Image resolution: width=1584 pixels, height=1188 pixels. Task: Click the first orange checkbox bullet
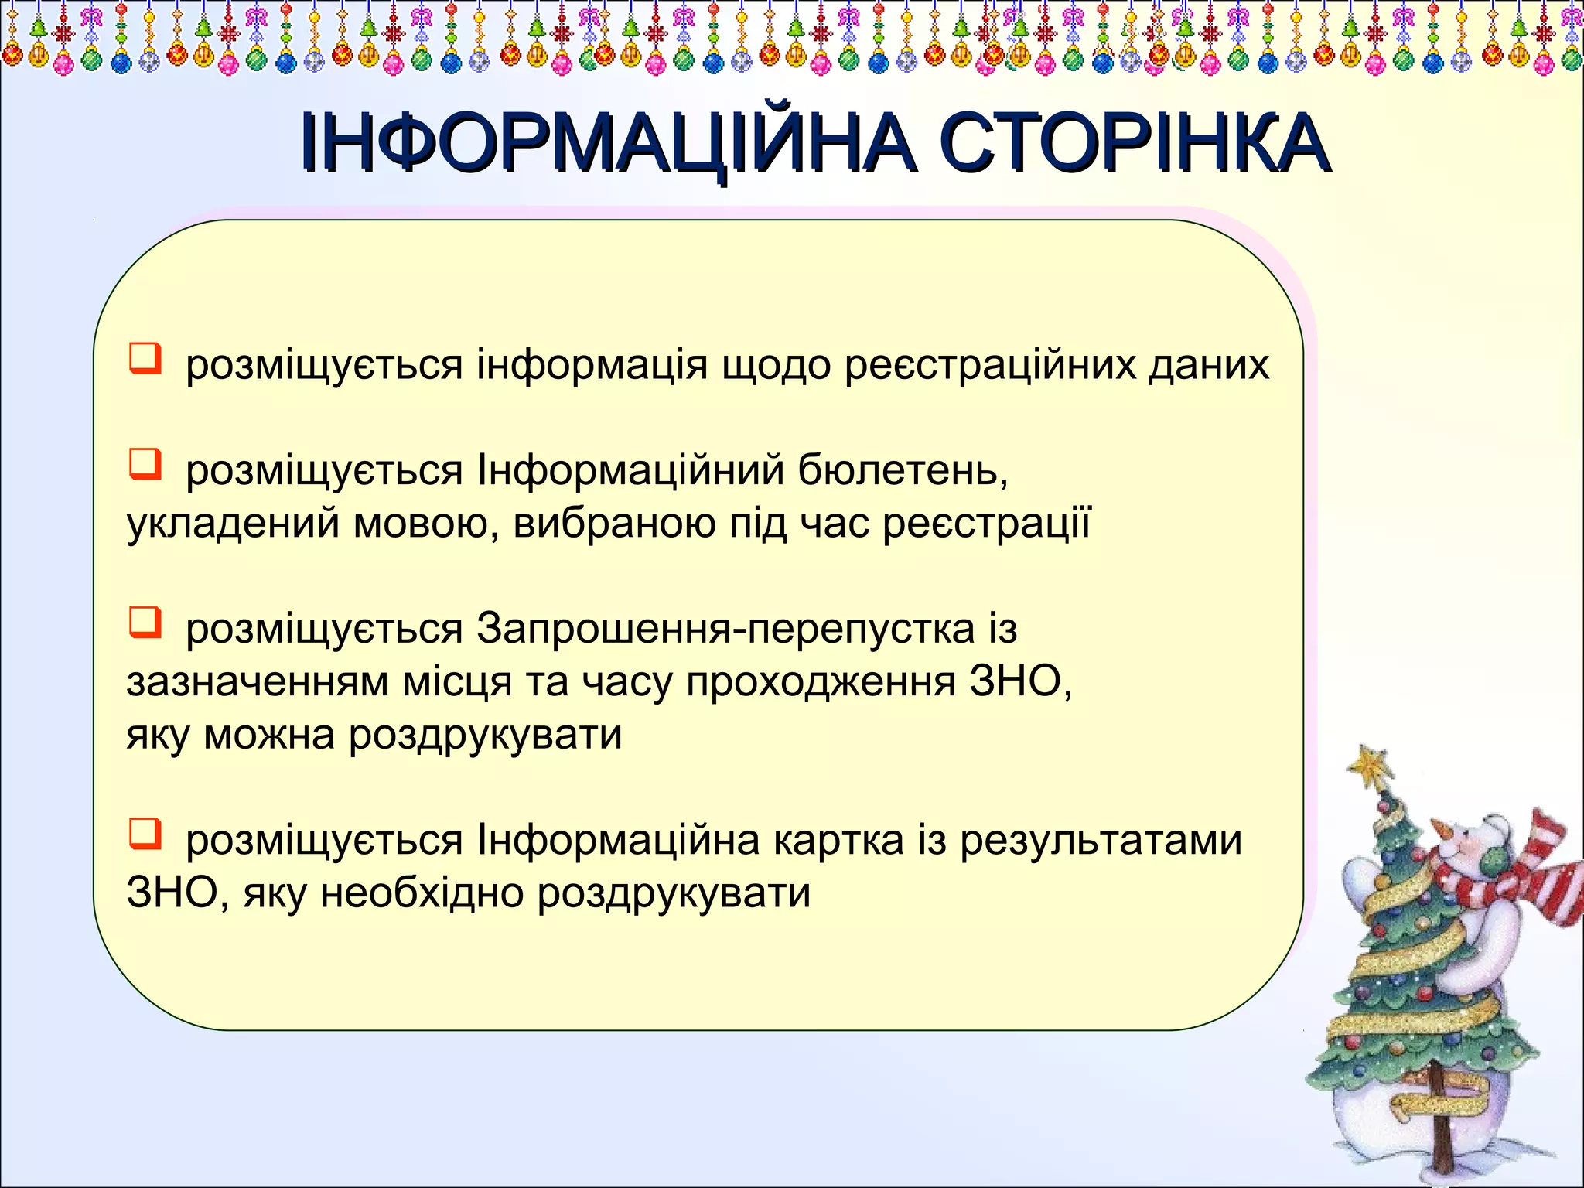(x=145, y=359)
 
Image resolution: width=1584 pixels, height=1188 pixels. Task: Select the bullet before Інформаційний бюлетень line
(x=145, y=465)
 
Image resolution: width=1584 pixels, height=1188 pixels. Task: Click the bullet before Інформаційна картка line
(x=145, y=835)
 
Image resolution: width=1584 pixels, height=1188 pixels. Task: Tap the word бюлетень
(x=903, y=470)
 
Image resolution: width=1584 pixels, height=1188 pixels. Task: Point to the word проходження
(x=820, y=682)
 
